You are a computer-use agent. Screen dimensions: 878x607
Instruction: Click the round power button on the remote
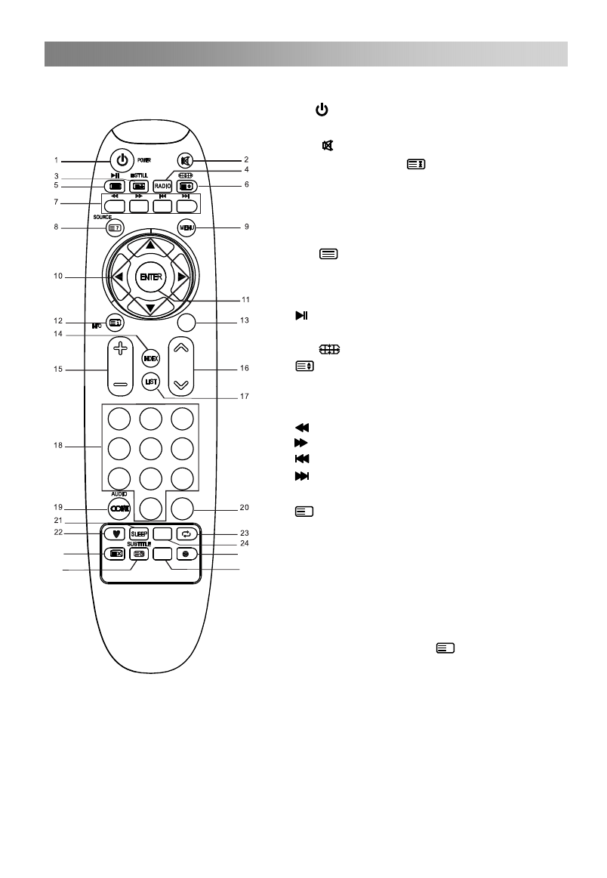[x=121, y=160]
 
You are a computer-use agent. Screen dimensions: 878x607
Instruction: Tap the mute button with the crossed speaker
[x=186, y=160]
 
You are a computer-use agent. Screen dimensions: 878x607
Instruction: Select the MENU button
[x=186, y=227]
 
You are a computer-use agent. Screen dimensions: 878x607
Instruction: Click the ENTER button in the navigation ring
[x=149, y=277]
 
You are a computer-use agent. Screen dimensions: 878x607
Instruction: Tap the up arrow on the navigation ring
[x=150, y=245]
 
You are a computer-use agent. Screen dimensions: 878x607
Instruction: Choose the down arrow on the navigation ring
[x=150, y=308]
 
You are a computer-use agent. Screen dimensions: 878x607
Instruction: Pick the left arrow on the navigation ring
[x=119, y=277]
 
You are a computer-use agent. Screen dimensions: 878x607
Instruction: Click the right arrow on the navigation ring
[x=180, y=277]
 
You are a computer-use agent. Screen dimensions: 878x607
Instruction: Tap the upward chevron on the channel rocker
[x=180, y=348]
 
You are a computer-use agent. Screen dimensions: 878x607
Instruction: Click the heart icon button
[x=115, y=533]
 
